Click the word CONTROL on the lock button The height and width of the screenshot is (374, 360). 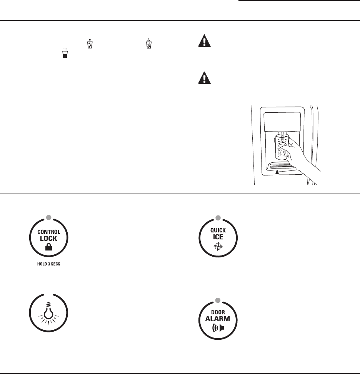[49, 232]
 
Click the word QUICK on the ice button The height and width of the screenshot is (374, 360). [218, 231]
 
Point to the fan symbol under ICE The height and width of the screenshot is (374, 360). [218, 247]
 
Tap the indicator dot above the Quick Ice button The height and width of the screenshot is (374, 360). [218, 218]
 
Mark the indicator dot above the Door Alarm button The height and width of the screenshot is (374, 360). [218, 300]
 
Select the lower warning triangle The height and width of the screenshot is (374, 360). [205, 78]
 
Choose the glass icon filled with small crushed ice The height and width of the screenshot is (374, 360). [148, 43]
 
